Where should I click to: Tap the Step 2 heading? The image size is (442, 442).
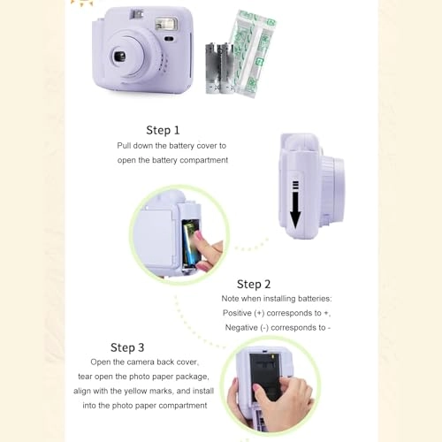[254, 284]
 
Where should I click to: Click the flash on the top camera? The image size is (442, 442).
[167, 21]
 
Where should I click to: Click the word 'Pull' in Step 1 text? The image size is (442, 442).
[126, 145]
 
